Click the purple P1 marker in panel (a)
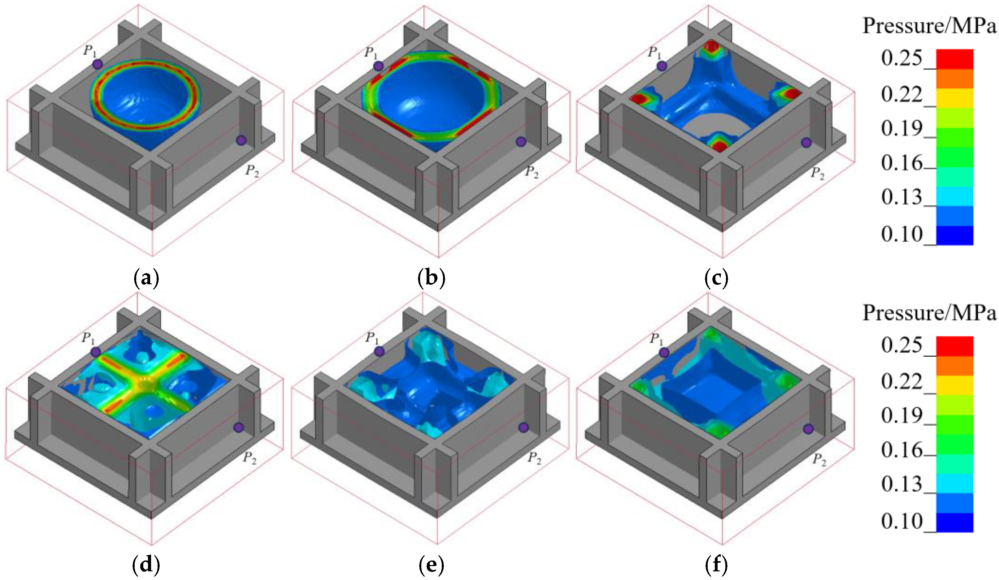(x=97, y=64)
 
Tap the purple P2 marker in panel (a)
(x=241, y=140)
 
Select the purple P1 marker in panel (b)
(x=379, y=66)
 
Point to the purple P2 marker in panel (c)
(x=806, y=143)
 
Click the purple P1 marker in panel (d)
(x=96, y=352)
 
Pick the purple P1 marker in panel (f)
(x=664, y=353)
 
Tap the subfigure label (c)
(x=716, y=278)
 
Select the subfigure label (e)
(x=431, y=566)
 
